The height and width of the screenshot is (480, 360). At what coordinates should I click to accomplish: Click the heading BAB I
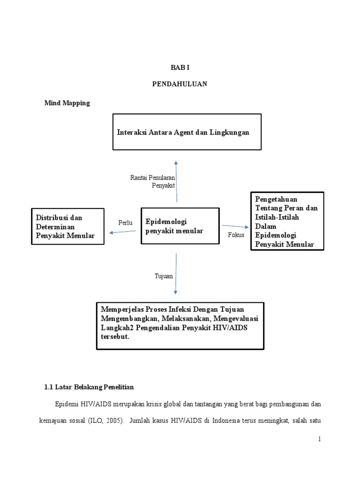tap(180, 67)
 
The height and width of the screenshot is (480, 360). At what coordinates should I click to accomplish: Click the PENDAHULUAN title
tap(180, 84)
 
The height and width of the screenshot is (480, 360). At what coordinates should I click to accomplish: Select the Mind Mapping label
tap(67, 103)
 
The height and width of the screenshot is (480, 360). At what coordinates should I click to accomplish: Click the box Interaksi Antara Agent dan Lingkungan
tap(187, 132)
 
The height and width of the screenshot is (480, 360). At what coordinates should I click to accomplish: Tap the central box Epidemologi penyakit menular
tap(180, 226)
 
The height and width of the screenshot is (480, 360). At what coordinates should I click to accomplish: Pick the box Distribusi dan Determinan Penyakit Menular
tap(67, 227)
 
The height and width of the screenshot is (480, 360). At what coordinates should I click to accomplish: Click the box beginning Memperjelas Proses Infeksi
tap(180, 326)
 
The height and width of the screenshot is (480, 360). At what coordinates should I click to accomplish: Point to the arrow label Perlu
tap(126, 223)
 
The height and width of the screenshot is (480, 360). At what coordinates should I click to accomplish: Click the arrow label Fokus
tap(236, 235)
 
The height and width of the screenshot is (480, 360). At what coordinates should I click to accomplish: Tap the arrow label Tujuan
tap(164, 276)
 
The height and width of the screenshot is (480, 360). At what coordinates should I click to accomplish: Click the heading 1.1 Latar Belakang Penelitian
tap(89, 387)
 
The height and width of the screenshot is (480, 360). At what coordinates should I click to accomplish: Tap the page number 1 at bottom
tap(319, 439)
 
